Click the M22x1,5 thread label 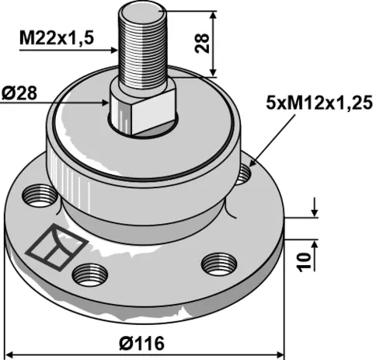tap(57, 38)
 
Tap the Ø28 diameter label tap(19, 93)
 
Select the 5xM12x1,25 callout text tap(319, 103)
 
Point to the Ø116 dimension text tap(142, 344)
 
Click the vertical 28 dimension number tap(202, 44)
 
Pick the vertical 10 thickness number tap(304, 262)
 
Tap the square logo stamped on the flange tap(58, 247)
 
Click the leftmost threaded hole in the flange tap(40, 196)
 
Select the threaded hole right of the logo tap(90, 275)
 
